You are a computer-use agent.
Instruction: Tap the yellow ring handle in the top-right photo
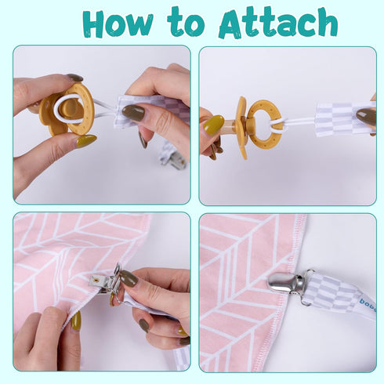[x=265, y=125]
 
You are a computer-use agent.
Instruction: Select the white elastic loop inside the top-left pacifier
[x=69, y=108]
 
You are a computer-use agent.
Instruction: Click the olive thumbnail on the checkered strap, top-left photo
[x=133, y=112]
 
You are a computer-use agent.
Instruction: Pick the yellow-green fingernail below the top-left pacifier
[x=86, y=141]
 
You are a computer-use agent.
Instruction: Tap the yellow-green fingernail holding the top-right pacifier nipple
[x=213, y=125]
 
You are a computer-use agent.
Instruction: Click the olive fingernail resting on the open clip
[x=129, y=278]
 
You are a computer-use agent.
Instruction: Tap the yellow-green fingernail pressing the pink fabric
[x=76, y=321]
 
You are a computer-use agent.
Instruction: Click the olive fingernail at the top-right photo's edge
[x=366, y=117]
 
